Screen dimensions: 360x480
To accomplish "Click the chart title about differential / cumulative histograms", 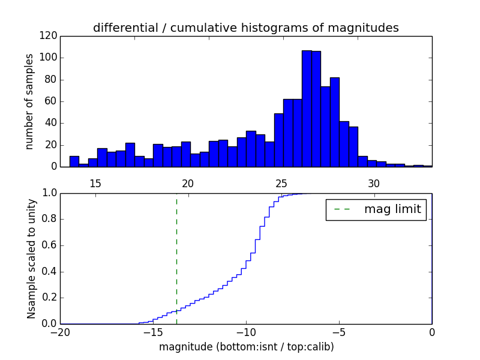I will click(245, 28).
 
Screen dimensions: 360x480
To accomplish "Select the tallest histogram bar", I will click(307, 108).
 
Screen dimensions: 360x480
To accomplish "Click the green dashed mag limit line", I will click(176, 252).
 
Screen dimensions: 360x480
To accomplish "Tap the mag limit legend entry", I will click(376, 209).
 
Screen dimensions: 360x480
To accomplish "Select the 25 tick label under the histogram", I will click(281, 183).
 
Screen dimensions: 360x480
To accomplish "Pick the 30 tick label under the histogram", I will click(374, 183).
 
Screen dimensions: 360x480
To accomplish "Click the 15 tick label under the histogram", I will click(95, 183).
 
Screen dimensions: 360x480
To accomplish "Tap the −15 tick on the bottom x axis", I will click(153, 332).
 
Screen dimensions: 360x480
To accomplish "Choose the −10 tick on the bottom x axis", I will click(246, 332).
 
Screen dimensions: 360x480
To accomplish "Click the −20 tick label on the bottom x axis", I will click(60, 332).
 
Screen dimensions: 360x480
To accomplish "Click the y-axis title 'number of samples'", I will click(29, 101).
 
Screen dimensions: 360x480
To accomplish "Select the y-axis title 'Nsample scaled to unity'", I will click(31, 258).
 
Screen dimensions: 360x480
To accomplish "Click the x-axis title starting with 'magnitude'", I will click(246, 347).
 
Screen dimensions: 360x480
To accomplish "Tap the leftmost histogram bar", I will click(74, 161).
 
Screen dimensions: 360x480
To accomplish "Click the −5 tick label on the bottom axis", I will click(339, 332).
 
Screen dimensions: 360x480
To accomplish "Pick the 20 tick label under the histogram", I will click(188, 183).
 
